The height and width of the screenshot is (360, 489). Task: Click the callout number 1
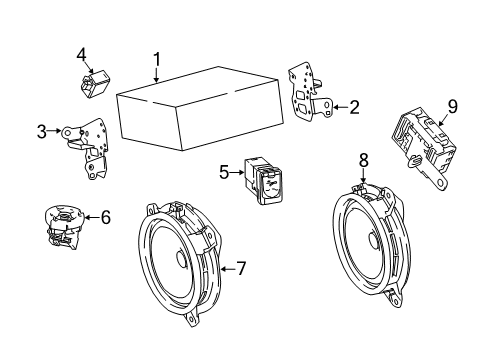[x=156, y=59]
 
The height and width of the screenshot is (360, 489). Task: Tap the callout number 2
[x=353, y=107]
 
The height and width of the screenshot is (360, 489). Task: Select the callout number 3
[x=42, y=130]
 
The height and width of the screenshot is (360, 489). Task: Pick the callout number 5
[x=224, y=173]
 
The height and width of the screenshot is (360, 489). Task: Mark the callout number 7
[x=239, y=268]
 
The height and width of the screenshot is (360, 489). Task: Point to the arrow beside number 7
[x=224, y=268]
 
